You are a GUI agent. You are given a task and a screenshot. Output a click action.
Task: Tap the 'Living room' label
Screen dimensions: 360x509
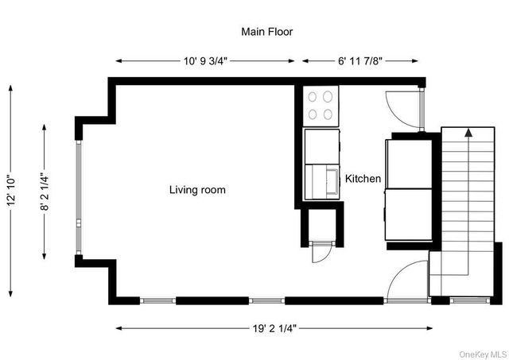pos(197,190)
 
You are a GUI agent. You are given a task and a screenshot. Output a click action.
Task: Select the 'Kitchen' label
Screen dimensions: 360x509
pos(363,180)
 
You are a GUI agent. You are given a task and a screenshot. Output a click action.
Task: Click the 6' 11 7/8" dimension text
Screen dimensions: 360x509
pos(360,60)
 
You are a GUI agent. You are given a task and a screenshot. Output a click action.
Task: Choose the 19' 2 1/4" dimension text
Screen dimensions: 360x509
pos(274,327)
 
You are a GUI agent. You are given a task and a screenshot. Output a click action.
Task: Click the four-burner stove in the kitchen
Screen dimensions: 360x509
pos(321,105)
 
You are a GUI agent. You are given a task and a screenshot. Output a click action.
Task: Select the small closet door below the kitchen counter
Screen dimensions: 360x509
pos(321,253)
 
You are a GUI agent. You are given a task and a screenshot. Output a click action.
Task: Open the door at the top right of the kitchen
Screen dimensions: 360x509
pos(401,107)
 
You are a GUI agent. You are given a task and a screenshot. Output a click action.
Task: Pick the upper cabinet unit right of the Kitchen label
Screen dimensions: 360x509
pos(409,164)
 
